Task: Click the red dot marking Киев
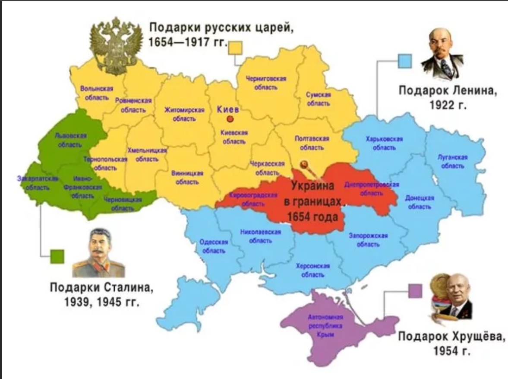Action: tap(230, 119)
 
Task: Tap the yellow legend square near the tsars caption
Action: tap(235, 47)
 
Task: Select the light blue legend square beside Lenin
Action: tap(404, 61)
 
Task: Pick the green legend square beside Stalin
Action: tap(57, 256)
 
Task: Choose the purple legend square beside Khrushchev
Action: tap(415, 290)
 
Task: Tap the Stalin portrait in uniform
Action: tap(98, 254)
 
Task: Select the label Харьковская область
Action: tap(384, 143)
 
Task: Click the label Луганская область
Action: tap(452, 162)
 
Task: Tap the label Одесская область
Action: tap(214, 246)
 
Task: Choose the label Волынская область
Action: tap(97, 93)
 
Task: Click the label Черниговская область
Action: tap(265, 83)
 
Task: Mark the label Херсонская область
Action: tap(313, 270)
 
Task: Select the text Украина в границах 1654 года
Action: tap(313, 201)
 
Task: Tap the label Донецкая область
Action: tap(420, 202)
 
